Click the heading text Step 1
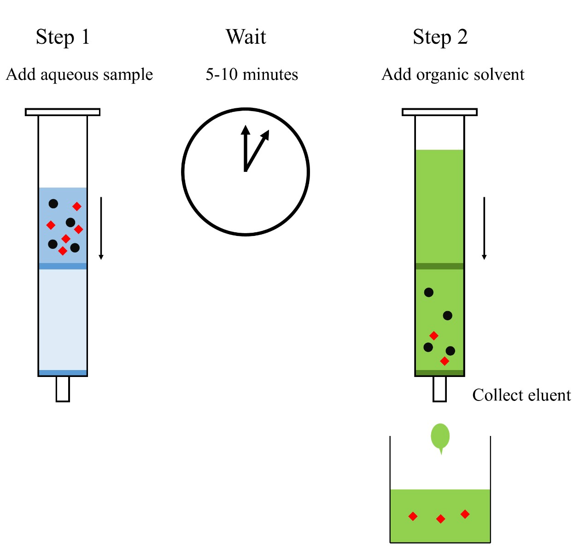pos(63,37)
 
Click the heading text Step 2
pos(440,37)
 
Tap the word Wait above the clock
pos(246,37)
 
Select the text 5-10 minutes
pos(252,75)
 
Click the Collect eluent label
pos(521,395)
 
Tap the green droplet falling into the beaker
pos(440,436)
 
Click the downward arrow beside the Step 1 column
pos(101,228)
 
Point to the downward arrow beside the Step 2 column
pos(484,228)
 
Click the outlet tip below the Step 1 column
pos(63,389)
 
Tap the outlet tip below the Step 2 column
pos(440,389)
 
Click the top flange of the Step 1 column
pos(63,112)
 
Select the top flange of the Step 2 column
pos(440,112)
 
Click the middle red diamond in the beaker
pos(440,519)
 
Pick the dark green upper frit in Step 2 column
pos(439,266)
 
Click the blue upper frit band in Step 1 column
pos(63,266)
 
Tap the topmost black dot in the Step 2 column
pos(429,292)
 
